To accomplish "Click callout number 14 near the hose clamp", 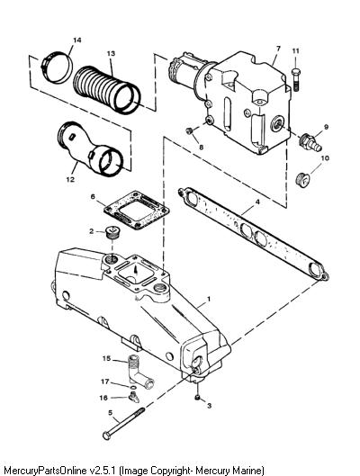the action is [77, 40].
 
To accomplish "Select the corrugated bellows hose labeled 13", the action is [107, 90].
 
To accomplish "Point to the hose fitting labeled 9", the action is [310, 143].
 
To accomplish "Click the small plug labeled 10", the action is [302, 180].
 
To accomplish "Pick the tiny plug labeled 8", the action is [189, 130].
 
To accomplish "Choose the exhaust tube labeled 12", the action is [90, 148].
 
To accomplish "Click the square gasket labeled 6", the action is [136, 211].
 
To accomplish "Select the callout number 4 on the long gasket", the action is [257, 202].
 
